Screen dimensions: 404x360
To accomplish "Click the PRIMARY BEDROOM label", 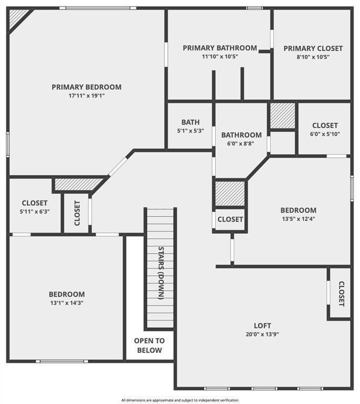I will pyautogui.click(x=86, y=87).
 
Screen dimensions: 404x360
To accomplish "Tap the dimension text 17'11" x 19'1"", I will pyautogui.click(x=86, y=96).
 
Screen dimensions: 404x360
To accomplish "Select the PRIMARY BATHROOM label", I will pyautogui.click(x=220, y=48).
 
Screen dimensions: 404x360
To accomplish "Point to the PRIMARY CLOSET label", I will pyautogui.click(x=313, y=48).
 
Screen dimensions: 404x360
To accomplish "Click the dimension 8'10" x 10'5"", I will pyautogui.click(x=313, y=57).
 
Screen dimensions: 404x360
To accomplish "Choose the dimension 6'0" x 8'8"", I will pyautogui.click(x=241, y=143).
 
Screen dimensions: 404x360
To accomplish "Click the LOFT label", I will pyautogui.click(x=262, y=326).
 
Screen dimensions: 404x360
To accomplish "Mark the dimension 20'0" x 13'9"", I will pyautogui.click(x=262, y=334).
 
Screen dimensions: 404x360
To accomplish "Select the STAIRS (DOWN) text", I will pyautogui.click(x=161, y=272).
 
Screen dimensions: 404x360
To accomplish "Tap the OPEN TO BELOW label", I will pyautogui.click(x=149, y=346).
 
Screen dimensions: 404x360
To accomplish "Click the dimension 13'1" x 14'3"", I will pyautogui.click(x=67, y=302).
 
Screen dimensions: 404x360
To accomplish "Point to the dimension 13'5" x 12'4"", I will pyautogui.click(x=298, y=219).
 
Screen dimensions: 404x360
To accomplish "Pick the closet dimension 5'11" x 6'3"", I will pyautogui.click(x=35, y=211).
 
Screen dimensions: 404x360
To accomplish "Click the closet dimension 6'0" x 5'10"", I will pyautogui.click(x=325, y=134).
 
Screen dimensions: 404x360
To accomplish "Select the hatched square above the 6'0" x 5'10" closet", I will pyautogui.click(x=283, y=116).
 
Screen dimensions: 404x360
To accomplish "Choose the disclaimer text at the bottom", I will pyautogui.click(x=180, y=400).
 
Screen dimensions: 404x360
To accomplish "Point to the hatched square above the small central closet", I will pyautogui.click(x=231, y=194).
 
